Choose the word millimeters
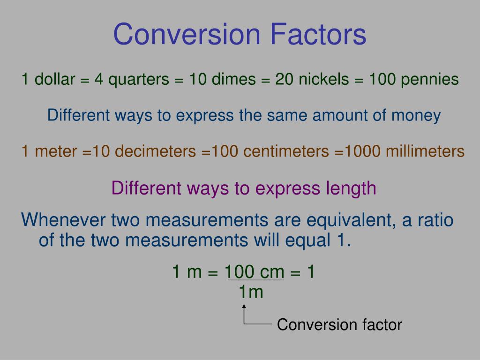pos(425,151)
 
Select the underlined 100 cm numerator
pos(255,272)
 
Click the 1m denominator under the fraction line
pos(251,292)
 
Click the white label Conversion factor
pos(339,324)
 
